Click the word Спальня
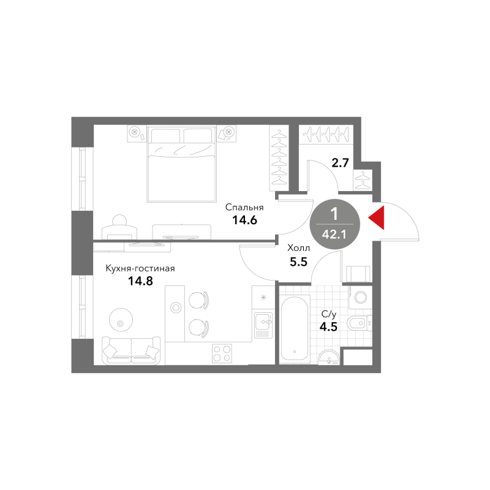point(244,207)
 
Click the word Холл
point(299,248)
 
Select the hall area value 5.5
point(298,262)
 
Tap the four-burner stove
point(221,353)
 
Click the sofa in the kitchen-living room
point(131,350)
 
